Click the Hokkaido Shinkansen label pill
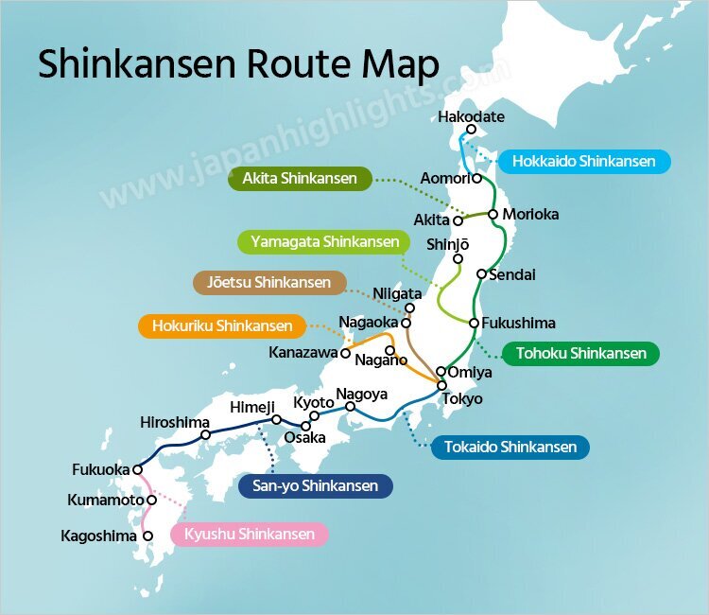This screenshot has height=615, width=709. (x=583, y=162)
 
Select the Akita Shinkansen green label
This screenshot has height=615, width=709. (x=300, y=179)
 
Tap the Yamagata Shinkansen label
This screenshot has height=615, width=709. (x=324, y=242)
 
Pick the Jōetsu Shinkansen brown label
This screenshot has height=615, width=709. (x=268, y=282)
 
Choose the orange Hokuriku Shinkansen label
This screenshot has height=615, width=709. (x=222, y=326)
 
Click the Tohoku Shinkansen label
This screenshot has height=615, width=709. (x=581, y=354)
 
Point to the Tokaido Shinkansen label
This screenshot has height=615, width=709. (x=510, y=447)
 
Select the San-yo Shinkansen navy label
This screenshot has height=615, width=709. (x=315, y=486)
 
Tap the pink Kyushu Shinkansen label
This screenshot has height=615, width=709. (x=250, y=535)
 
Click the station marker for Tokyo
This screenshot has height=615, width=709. (x=441, y=383)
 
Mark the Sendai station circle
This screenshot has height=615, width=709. (x=481, y=274)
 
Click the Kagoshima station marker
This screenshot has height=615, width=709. (x=147, y=536)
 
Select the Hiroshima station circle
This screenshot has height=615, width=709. (x=205, y=435)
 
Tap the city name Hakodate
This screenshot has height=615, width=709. (x=472, y=117)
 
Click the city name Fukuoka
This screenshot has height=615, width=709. (x=100, y=469)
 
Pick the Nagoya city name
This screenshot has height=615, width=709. (x=361, y=394)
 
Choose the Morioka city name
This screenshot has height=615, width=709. (x=530, y=214)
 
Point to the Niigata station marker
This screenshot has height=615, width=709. (x=409, y=307)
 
